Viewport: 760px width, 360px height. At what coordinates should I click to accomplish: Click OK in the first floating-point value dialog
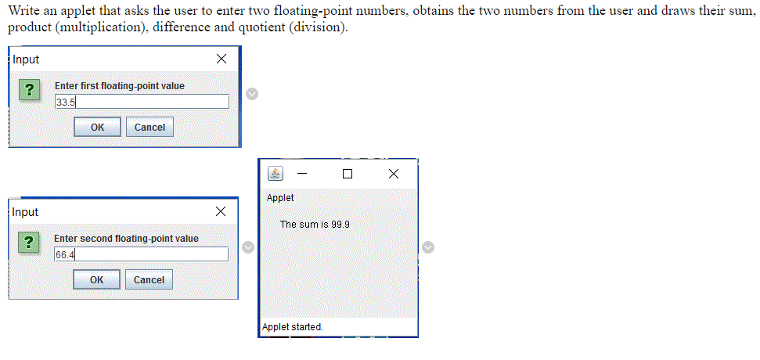(97, 128)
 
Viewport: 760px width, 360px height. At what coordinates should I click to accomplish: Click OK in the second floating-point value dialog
(96, 280)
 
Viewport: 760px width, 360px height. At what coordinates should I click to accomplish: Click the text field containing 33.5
(142, 102)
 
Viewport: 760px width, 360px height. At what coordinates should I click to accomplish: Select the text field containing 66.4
(141, 254)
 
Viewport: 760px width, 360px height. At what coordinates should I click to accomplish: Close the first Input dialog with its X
(222, 59)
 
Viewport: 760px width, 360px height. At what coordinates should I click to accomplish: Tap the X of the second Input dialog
(221, 212)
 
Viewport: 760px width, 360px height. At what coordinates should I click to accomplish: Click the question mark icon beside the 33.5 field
(29, 90)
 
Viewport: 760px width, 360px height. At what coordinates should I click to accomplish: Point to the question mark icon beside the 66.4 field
(28, 243)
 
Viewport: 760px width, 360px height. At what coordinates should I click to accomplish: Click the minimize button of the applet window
(302, 174)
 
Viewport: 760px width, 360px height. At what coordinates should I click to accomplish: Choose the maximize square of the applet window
(348, 174)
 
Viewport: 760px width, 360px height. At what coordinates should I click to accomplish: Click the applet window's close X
(393, 174)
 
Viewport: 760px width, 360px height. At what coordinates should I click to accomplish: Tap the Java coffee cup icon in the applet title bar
(276, 173)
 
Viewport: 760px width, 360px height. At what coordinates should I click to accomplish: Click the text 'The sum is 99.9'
(315, 225)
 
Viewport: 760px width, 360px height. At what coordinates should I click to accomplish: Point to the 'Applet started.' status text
(293, 327)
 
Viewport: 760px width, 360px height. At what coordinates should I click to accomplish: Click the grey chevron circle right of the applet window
(428, 247)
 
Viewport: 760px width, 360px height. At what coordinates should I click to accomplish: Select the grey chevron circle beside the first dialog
(251, 94)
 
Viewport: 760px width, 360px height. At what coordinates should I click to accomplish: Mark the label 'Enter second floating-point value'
(126, 239)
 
